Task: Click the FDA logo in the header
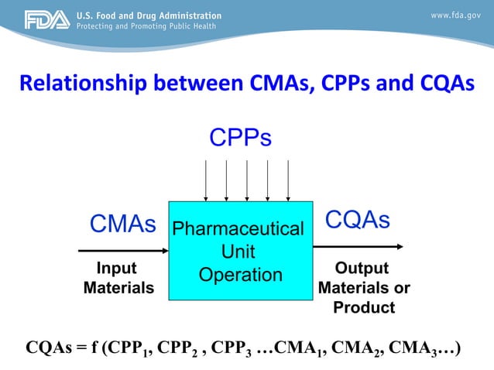(x=46, y=19)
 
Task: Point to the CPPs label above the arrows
(x=241, y=138)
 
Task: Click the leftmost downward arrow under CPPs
(x=205, y=180)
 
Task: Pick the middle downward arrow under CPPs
(x=247, y=180)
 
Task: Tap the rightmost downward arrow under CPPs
(x=288, y=180)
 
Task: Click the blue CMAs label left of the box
(x=123, y=224)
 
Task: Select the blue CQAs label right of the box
(x=357, y=220)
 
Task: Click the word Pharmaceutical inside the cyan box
(x=238, y=229)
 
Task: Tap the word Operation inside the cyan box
(x=240, y=275)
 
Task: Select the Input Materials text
(x=118, y=278)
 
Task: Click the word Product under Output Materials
(x=364, y=307)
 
